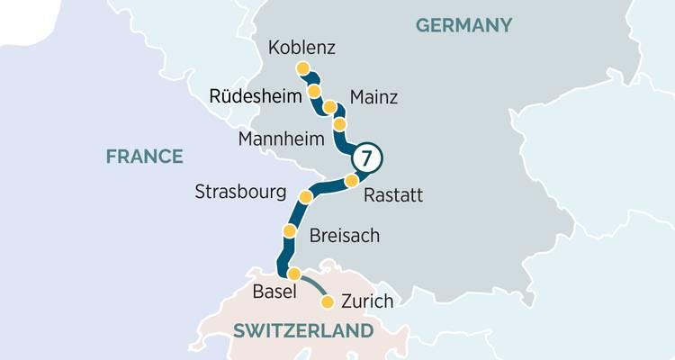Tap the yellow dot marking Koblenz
pos(303,68)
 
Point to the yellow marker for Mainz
pos(329,108)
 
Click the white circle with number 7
pos(364,157)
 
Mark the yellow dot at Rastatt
pos(352,183)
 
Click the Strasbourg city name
pos(240,193)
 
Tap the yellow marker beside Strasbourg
pos(305,197)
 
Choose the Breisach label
pos(344,236)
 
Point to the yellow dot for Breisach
pos(289,232)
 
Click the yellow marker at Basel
pos(292,274)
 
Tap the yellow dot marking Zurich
pos(328,301)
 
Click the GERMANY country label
pos(463,25)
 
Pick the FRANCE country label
pos(144,157)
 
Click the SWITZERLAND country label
pos(302,331)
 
